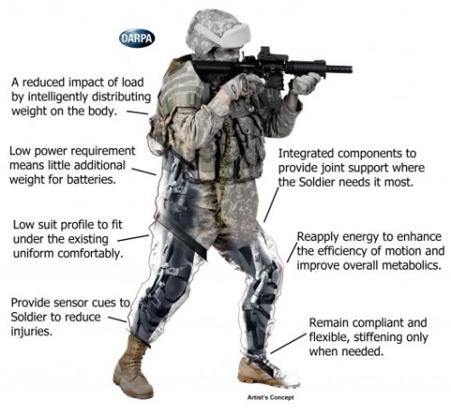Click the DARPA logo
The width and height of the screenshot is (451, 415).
[137, 38]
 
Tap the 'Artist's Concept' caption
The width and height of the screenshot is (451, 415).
[271, 397]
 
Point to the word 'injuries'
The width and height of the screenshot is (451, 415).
[32, 331]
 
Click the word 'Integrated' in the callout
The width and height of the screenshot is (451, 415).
[306, 153]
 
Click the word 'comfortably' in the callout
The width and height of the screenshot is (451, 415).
[90, 254]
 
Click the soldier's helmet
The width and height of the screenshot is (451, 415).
[216, 33]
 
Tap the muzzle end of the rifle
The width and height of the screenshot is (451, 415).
[350, 69]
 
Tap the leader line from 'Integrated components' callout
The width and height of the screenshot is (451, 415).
[272, 205]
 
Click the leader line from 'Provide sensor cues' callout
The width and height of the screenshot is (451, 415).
[117, 319]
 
